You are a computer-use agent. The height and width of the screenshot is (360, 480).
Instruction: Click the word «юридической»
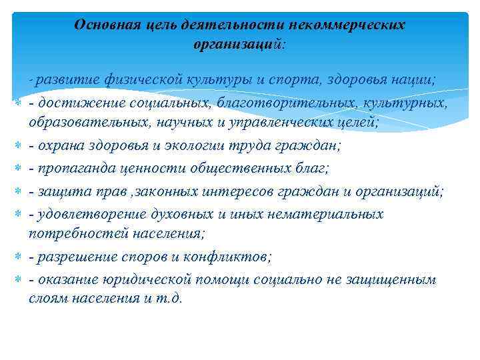coord(135,279)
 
